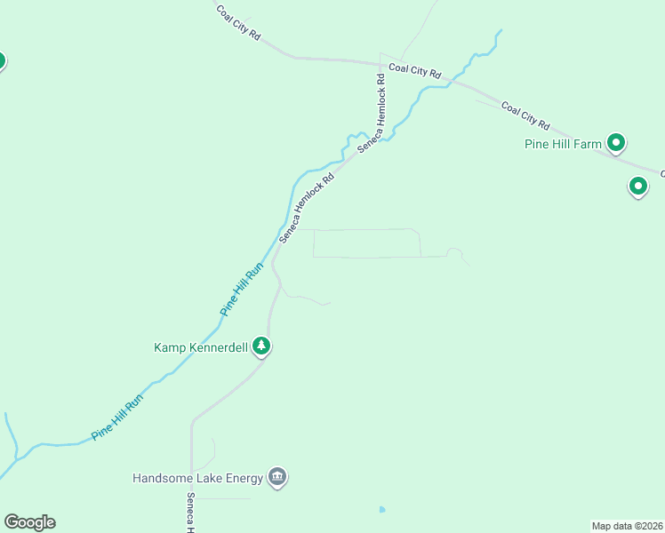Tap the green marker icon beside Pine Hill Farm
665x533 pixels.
pos(615,142)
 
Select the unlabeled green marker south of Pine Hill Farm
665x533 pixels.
pos(637,187)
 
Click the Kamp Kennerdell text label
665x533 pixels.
pos(201,347)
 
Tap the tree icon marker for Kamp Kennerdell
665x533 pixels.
pos(260,346)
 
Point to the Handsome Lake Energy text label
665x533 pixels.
pos(197,478)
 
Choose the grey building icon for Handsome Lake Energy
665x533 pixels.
pos(277,478)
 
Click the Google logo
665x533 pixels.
pos(29,522)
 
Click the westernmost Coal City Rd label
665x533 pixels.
pos(238,23)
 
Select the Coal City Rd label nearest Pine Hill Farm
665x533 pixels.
pos(525,115)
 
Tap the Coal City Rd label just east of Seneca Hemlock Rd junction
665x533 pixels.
pos(415,70)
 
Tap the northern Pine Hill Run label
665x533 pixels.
pos(242,289)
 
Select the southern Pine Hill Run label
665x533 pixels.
pos(116,419)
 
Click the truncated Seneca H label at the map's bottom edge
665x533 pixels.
pos(190,513)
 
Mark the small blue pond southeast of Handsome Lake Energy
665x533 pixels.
pos(382,510)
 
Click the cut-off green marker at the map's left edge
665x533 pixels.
pos(2,61)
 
